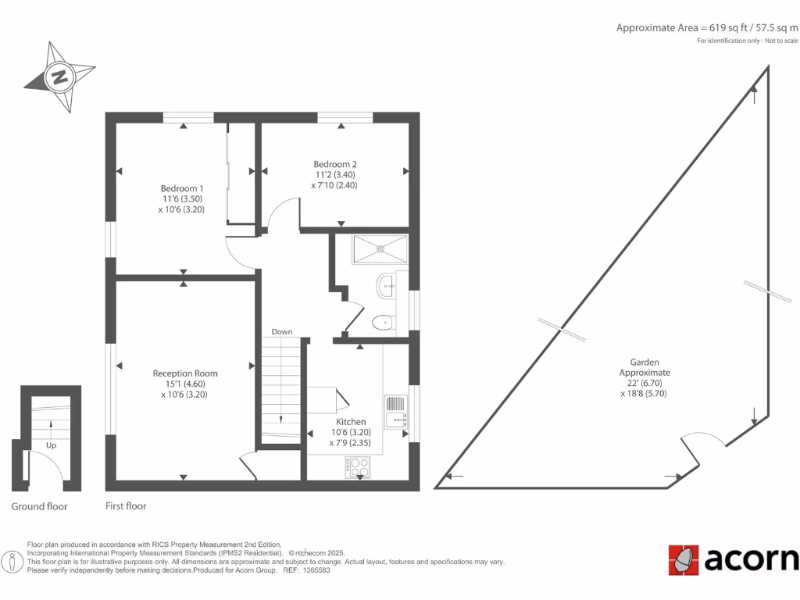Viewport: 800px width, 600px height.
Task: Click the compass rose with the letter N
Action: pyautogui.click(x=59, y=77)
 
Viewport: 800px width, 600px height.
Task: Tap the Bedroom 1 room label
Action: pyautogui.click(x=182, y=188)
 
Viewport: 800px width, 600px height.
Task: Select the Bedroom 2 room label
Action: pyautogui.click(x=335, y=164)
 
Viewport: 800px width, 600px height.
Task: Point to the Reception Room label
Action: pyautogui.click(x=185, y=373)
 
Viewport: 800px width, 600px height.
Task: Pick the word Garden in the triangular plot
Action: pyautogui.click(x=645, y=362)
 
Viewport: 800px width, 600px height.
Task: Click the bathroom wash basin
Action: pyautogui.click(x=387, y=286)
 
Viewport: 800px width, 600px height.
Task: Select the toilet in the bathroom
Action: pyautogui.click(x=383, y=322)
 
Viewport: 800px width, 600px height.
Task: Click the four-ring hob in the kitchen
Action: pyautogui.click(x=358, y=466)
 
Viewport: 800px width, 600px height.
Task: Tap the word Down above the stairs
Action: pyautogui.click(x=282, y=332)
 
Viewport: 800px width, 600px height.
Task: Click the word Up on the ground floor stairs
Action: pyautogui.click(x=52, y=446)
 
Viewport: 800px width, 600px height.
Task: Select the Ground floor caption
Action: pyautogui.click(x=39, y=506)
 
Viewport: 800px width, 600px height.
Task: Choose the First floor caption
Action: pyautogui.click(x=126, y=506)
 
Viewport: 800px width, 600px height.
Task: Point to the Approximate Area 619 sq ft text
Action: pyautogui.click(x=707, y=27)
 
